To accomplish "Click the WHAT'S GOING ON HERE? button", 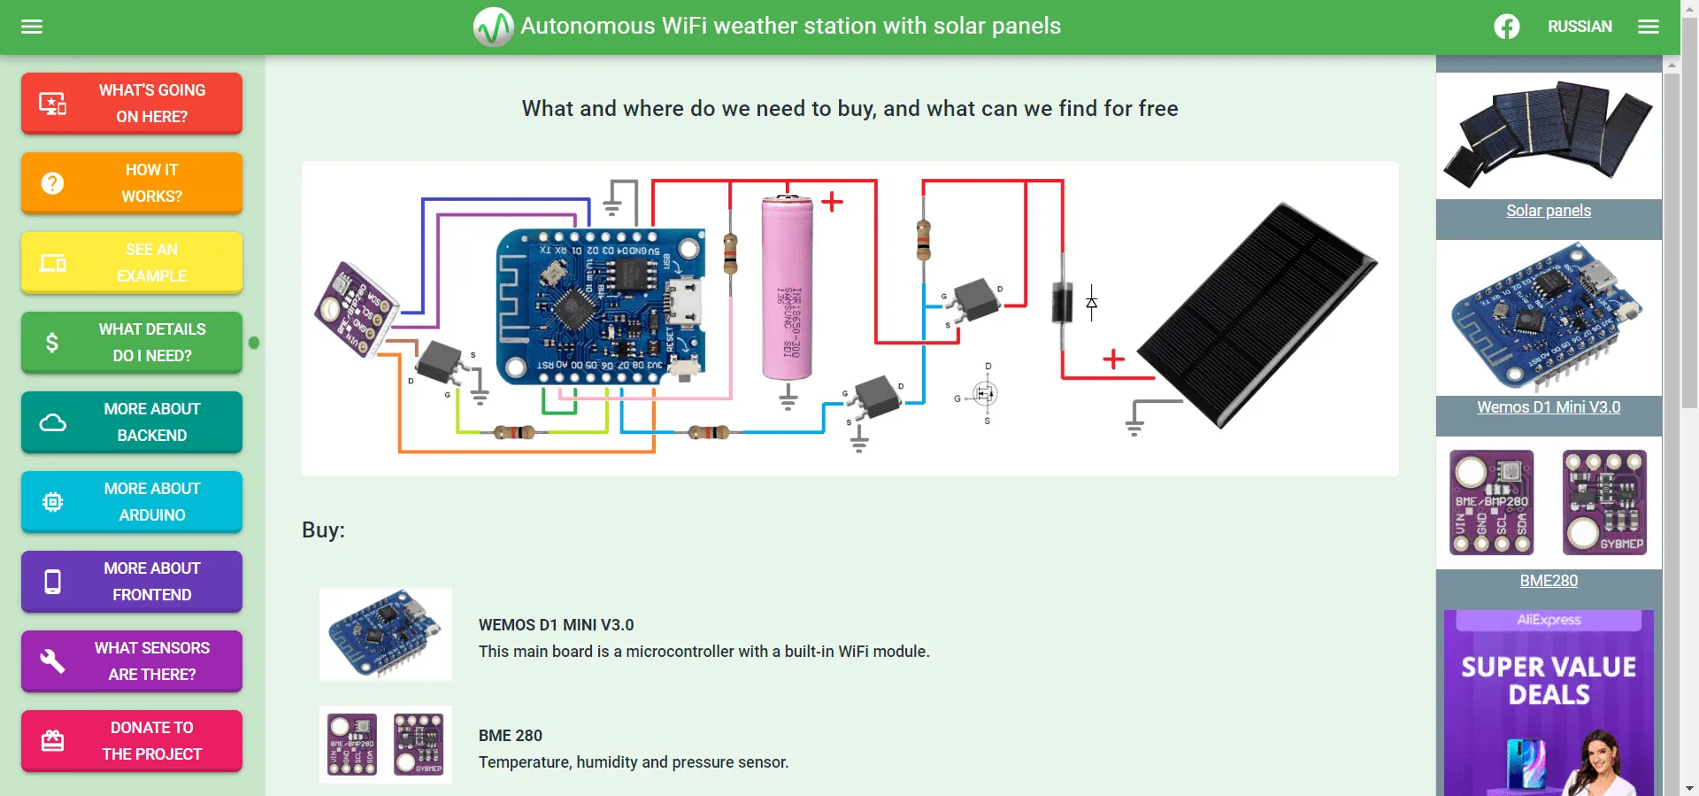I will [x=132, y=104].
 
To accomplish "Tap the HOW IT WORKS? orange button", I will [x=132, y=183].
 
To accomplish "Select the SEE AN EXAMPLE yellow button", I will [x=132, y=263].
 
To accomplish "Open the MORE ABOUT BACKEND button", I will [x=132, y=422].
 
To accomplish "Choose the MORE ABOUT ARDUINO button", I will [x=132, y=502].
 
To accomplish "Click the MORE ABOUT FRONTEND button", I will [x=132, y=582].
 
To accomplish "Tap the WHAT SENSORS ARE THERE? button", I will [x=132, y=661].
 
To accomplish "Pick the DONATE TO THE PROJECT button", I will [x=132, y=741].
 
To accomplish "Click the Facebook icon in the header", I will [x=1507, y=27].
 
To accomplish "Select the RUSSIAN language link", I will [x=1580, y=27].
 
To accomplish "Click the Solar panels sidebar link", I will [x=1549, y=211].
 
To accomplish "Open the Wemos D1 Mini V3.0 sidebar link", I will [x=1549, y=407].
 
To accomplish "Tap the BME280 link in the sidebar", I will [x=1549, y=581].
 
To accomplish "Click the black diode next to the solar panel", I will [x=1062, y=302].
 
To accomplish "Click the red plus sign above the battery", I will [x=832, y=202].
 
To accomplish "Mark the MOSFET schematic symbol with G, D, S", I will [x=985, y=394].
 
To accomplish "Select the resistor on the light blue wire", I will [x=708, y=432].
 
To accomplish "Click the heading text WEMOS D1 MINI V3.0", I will [x=556, y=625].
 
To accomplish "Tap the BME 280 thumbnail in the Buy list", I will [x=386, y=745].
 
